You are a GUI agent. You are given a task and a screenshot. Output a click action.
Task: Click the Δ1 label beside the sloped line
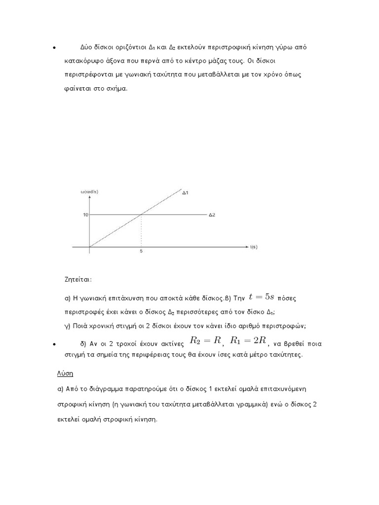pos(185,193)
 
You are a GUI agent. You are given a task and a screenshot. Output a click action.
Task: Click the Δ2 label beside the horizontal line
pos(212,215)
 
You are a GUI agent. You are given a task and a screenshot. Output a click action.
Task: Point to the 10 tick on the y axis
pos(85,215)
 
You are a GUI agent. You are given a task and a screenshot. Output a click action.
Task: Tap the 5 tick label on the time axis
pos(142,251)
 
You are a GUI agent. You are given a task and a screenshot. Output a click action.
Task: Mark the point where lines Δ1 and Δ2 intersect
pos(142,215)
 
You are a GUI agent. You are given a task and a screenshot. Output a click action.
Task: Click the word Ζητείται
pos(78,279)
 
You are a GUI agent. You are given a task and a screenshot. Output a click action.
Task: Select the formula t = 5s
pos(261,296)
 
